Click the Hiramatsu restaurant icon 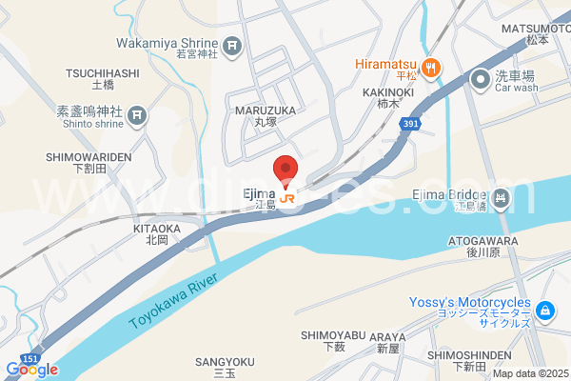(x=431, y=67)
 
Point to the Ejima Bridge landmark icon (x=503, y=198)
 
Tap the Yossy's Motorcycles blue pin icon (x=544, y=311)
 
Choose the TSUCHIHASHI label (x=103, y=72)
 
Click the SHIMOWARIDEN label (x=88, y=156)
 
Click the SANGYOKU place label (x=225, y=362)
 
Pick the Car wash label (x=517, y=88)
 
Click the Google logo (x=31, y=370)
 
